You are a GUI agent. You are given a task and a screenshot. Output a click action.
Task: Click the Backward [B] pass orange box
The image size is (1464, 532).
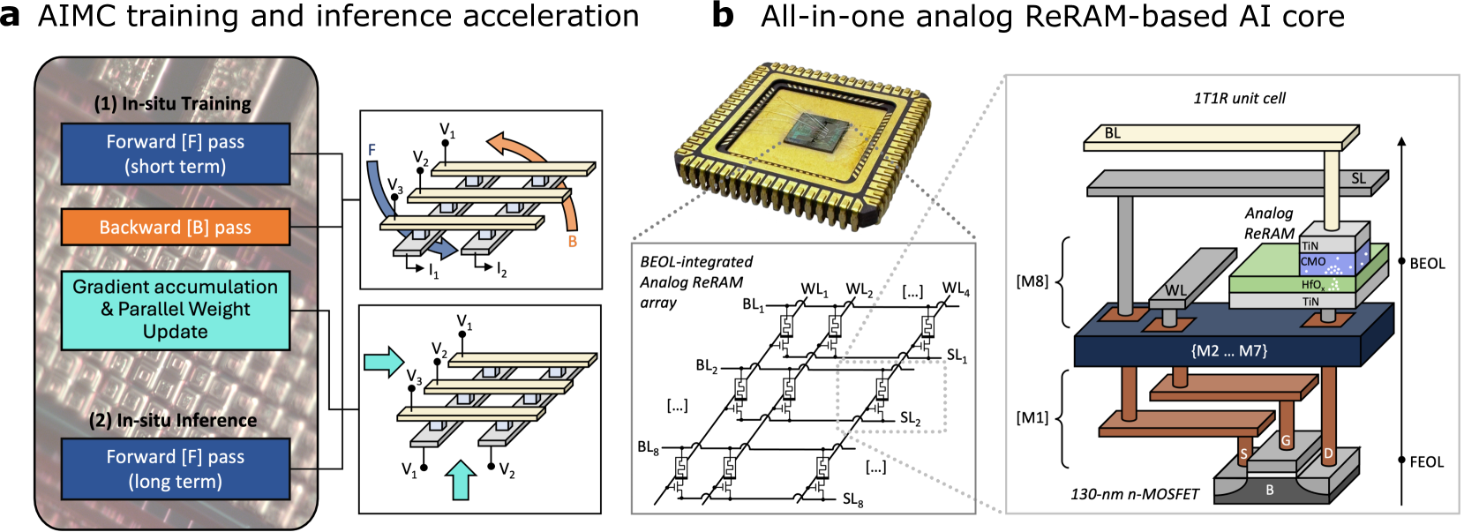[176, 227]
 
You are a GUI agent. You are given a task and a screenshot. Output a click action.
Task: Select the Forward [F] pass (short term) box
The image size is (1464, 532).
[176, 154]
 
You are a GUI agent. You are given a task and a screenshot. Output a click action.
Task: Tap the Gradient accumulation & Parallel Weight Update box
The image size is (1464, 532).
[176, 310]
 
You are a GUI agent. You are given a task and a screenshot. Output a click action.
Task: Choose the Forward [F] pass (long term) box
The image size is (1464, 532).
[176, 469]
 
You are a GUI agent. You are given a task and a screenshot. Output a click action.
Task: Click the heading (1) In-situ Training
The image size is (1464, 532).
[173, 104]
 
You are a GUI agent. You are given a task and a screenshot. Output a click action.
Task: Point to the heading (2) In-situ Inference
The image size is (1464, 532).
[173, 421]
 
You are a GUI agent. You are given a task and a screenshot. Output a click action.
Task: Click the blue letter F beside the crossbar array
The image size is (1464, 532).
[372, 151]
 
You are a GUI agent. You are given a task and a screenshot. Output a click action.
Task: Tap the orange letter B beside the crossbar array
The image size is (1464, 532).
[573, 241]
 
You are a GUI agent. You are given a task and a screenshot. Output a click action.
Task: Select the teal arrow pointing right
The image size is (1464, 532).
[384, 362]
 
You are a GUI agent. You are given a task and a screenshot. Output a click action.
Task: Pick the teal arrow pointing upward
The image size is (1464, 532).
[461, 481]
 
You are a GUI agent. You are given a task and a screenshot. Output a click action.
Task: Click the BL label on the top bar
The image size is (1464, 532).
[1113, 133]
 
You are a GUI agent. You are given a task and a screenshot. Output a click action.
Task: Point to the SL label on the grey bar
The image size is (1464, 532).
[1358, 179]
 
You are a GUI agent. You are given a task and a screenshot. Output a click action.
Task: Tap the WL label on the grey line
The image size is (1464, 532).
[1175, 290]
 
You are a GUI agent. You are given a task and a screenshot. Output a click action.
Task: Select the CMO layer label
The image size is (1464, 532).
[1313, 262]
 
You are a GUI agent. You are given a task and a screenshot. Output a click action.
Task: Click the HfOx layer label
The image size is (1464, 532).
[1312, 285]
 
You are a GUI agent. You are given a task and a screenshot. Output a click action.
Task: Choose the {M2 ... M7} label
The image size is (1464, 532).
[1228, 351]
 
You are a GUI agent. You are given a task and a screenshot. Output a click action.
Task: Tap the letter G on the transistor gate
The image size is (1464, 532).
[1286, 440]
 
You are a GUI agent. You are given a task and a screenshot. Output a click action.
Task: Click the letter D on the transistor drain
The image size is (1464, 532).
[1328, 454]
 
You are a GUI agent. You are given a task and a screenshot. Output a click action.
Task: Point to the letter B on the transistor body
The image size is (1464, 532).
[1270, 490]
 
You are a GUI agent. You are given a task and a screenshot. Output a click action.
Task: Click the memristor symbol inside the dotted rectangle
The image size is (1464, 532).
[882, 389]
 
